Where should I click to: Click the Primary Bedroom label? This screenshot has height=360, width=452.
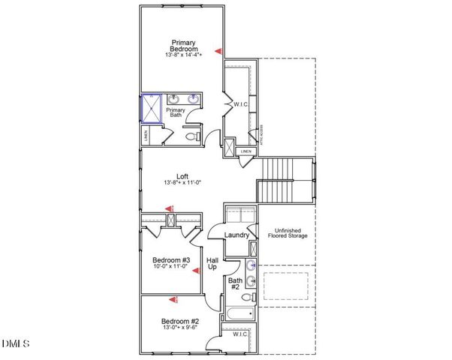point(184,45)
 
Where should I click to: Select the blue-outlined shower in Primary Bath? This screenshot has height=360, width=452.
point(152,108)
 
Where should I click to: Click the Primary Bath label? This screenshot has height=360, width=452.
point(175,112)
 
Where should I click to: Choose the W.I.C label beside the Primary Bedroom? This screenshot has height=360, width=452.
point(241,104)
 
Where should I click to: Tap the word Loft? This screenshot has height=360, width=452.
point(182,175)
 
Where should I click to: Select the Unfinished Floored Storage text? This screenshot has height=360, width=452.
point(288,232)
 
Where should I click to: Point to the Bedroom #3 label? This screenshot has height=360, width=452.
point(171,259)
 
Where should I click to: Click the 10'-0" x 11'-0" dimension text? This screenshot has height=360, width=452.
point(171,268)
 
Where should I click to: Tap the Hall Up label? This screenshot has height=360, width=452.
point(212,263)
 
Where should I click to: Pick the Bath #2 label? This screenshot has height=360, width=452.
point(234,283)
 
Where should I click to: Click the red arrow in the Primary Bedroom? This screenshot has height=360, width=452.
point(218,51)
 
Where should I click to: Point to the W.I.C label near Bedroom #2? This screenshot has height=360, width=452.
point(240,334)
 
